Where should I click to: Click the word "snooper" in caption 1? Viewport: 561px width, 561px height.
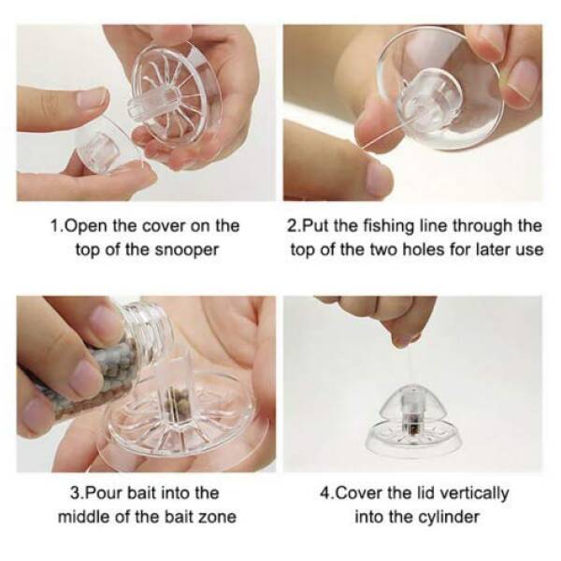(x=186, y=250)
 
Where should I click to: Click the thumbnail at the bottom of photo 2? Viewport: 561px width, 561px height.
(x=380, y=176)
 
